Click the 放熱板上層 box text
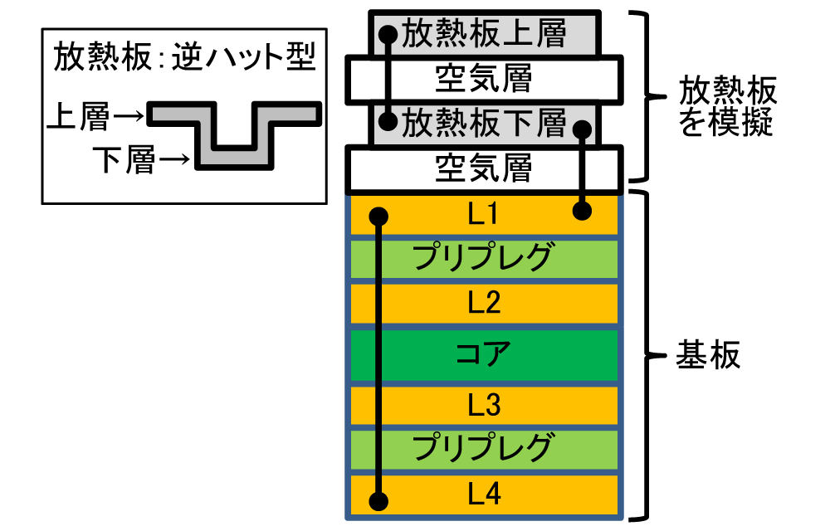pyautogui.click(x=484, y=34)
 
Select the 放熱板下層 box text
pyautogui.click(x=484, y=124)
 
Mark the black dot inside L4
pyautogui.click(x=378, y=501)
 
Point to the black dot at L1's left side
pyautogui.click(x=378, y=217)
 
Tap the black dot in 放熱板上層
pyautogui.click(x=388, y=35)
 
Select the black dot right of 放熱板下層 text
pyautogui.click(x=583, y=128)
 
